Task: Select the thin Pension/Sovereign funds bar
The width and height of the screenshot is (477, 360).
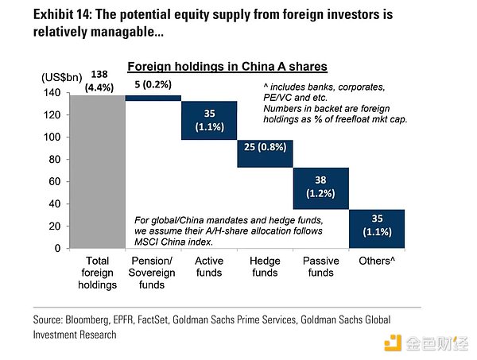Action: [153, 98]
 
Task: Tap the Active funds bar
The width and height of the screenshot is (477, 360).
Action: [209, 120]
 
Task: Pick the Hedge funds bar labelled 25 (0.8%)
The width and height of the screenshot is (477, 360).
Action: [266, 153]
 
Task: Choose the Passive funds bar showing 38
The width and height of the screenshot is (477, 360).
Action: [321, 188]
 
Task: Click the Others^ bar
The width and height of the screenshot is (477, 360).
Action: [377, 228]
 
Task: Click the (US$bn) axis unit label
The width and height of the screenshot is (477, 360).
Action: [60, 78]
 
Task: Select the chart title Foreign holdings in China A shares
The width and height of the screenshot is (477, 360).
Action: [228, 67]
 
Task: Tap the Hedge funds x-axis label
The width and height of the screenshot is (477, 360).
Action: [265, 267]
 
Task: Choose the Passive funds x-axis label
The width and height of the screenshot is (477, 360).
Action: [321, 267]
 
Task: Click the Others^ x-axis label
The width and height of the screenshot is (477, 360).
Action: [377, 261]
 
